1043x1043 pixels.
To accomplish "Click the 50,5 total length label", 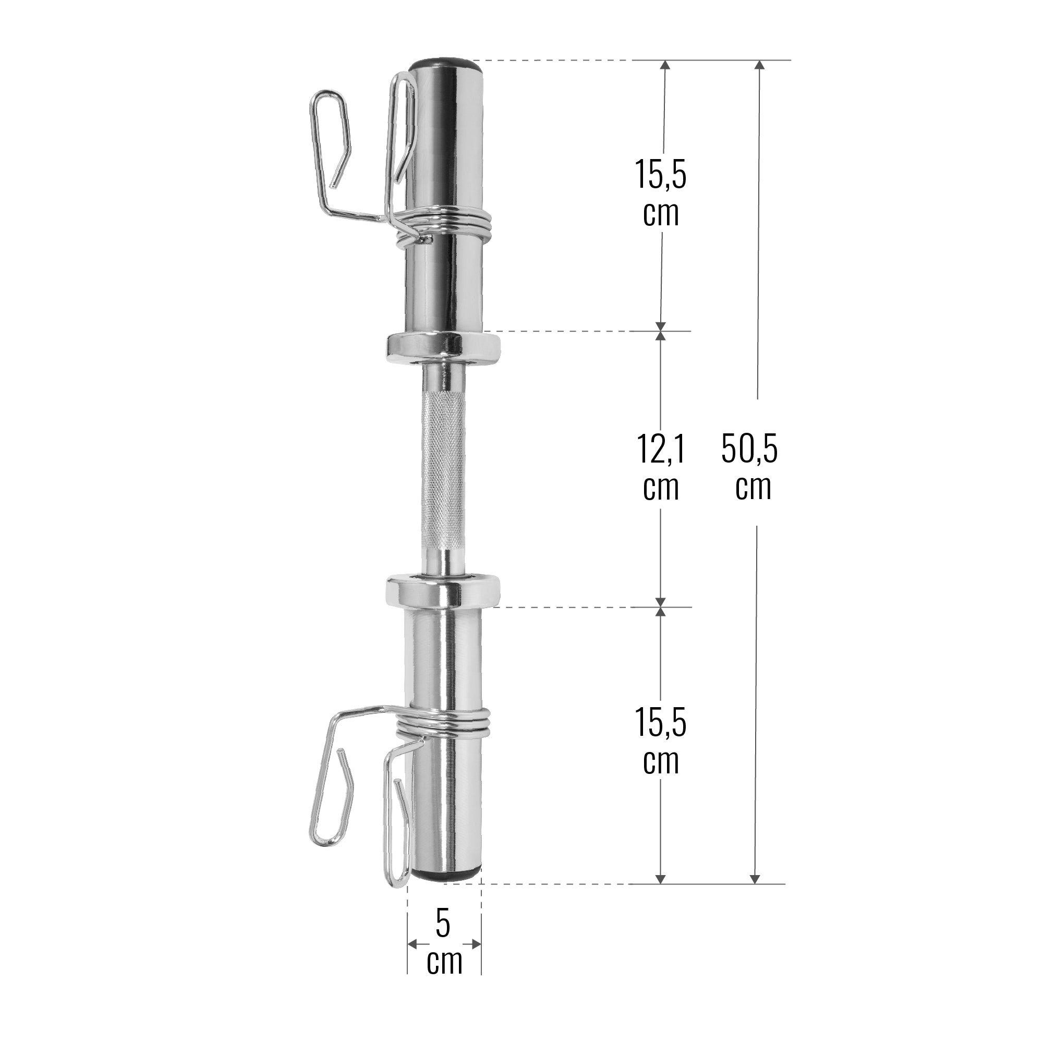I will (x=749, y=449).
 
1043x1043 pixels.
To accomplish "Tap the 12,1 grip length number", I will (x=661, y=449).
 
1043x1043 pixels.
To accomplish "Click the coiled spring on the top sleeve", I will (x=459, y=223).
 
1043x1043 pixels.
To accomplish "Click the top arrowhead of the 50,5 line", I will (x=760, y=66).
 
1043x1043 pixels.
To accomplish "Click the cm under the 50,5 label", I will (x=754, y=487).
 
